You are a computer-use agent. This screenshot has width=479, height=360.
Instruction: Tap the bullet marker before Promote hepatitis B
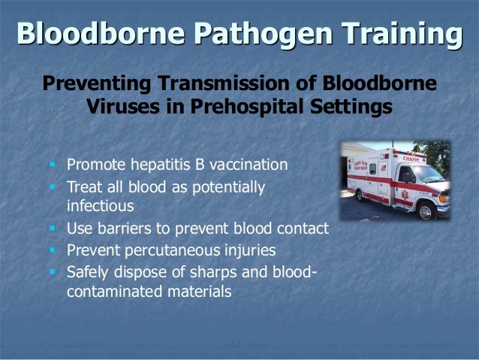(x=53, y=164)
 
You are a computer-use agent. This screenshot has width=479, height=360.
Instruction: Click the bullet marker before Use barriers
(x=53, y=228)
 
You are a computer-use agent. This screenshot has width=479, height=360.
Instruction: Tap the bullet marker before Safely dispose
(x=53, y=271)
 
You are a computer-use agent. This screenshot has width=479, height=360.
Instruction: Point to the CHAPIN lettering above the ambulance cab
(x=411, y=158)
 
